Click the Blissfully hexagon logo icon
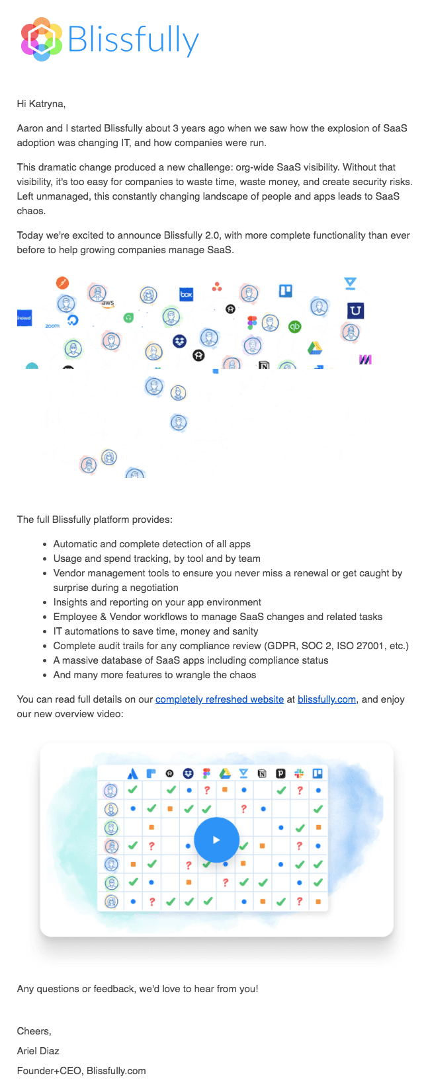click(42, 40)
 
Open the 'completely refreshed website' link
click(220, 699)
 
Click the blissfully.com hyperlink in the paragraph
click(327, 699)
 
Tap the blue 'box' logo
click(187, 294)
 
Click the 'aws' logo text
click(108, 303)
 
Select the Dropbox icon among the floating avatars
click(179, 341)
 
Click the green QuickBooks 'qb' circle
click(295, 326)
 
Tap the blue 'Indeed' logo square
click(24, 318)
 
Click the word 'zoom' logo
click(52, 326)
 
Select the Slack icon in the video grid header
click(299, 773)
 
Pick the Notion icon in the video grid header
click(262, 773)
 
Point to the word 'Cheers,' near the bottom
click(34, 1031)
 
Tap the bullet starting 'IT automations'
click(155, 631)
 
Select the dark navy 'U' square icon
click(355, 311)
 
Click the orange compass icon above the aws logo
click(62, 284)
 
